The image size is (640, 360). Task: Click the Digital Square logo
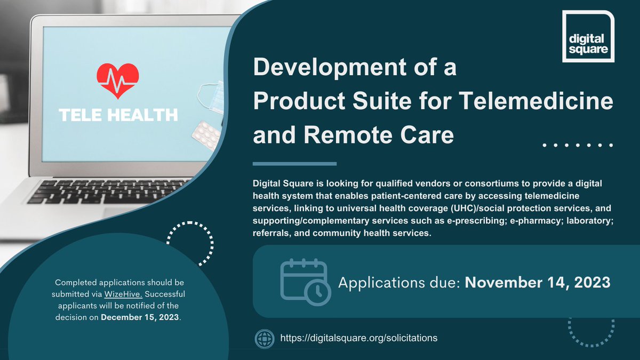pyautogui.click(x=588, y=36)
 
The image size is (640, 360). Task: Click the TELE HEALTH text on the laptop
pyautogui.click(x=118, y=115)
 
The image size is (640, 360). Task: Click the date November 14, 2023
pyautogui.click(x=538, y=282)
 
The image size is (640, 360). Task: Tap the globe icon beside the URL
pyautogui.click(x=265, y=338)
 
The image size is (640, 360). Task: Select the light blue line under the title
pyautogui.click(x=294, y=164)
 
